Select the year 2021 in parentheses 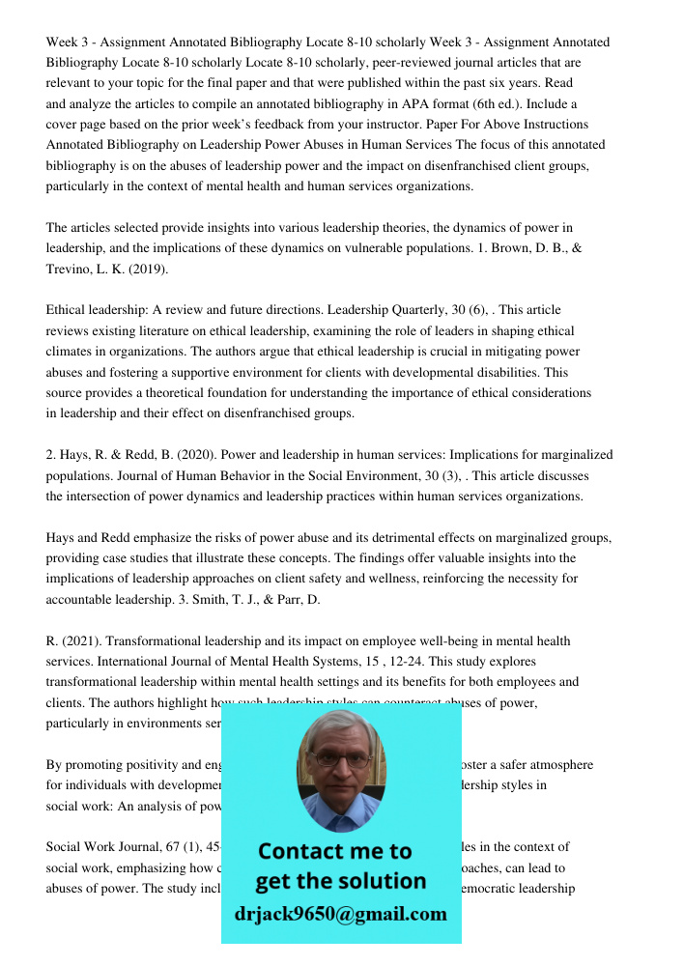point(78,641)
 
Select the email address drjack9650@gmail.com point(341,914)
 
